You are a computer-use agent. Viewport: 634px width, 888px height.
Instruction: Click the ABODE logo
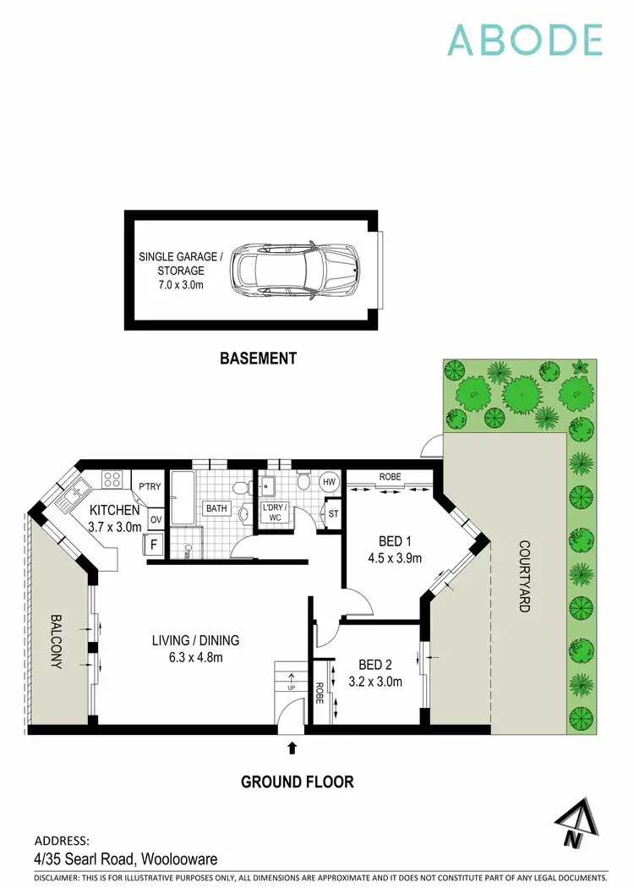[524, 40]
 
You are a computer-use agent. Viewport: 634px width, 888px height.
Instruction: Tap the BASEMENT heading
[258, 358]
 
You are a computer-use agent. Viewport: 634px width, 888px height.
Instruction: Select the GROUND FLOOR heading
[297, 781]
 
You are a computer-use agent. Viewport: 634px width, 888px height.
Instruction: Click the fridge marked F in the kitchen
[154, 545]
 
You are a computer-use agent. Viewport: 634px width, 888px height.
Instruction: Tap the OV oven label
[156, 519]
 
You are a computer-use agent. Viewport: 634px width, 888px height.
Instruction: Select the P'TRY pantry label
[150, 486]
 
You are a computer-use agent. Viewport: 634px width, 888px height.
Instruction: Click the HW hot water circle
[329, 482]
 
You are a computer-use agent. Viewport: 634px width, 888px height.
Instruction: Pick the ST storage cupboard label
[334, 514]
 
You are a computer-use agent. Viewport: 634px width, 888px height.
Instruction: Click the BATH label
[216, 509]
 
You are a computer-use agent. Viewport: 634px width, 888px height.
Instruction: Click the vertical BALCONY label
[56, 641]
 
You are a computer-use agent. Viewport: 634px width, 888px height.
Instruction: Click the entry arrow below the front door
[292, 747]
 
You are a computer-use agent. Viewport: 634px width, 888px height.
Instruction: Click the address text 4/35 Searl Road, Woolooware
[125, 858]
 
